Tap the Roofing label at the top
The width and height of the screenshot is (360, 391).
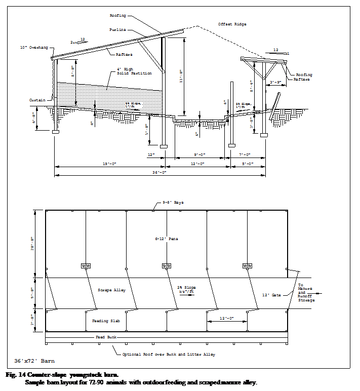pyautogui.click(x=117, y=16)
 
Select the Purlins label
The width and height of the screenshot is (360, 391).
pyautogui.click(x=117, y=30)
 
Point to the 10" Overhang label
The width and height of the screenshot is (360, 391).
pyautogui.click(x=34, y=47)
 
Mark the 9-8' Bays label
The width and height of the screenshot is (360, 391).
pyautogui.click(x=173, y=202)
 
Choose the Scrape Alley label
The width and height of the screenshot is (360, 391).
pyautogui.click(x=111, y=290)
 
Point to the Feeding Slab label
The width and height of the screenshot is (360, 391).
pyautogui.click(x=104, y=321)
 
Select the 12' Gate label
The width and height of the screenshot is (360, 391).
pyautogui.click(x=271, y=295)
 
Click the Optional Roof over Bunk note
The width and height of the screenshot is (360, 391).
pyautogui.click(x=168, y=354)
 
